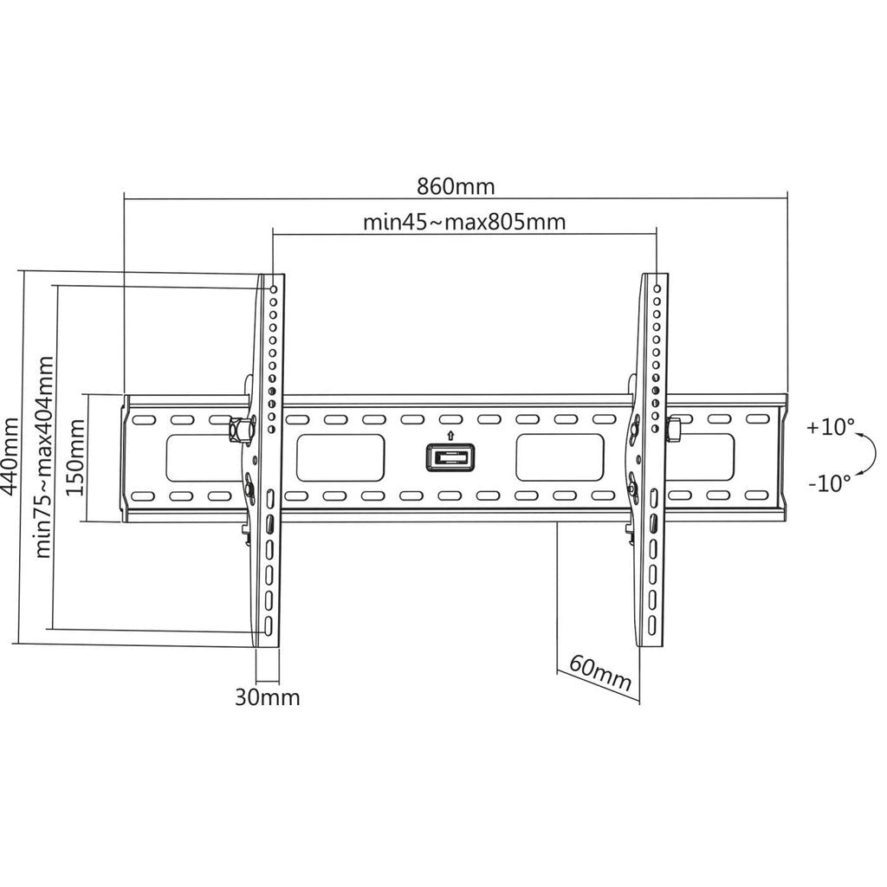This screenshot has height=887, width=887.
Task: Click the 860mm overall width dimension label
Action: (456, 185)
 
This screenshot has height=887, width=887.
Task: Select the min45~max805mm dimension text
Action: (463, 222)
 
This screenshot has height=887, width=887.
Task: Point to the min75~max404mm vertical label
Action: (45, 456)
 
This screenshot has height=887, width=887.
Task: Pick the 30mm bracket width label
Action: (268, 697)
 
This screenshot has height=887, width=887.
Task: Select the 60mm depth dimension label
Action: (600, 672)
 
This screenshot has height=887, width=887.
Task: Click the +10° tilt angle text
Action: (830, 427)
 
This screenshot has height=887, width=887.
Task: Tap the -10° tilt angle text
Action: (830, 483)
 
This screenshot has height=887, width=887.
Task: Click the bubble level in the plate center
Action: (450, 456)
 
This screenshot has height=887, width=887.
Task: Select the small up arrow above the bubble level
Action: (450, 434)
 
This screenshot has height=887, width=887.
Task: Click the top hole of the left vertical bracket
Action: (273, 288)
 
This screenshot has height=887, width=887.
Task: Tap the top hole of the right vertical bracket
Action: (657, 287)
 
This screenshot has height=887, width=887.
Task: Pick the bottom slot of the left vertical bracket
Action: (269, 625)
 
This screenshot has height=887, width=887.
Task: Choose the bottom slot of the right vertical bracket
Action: (652, 624)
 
